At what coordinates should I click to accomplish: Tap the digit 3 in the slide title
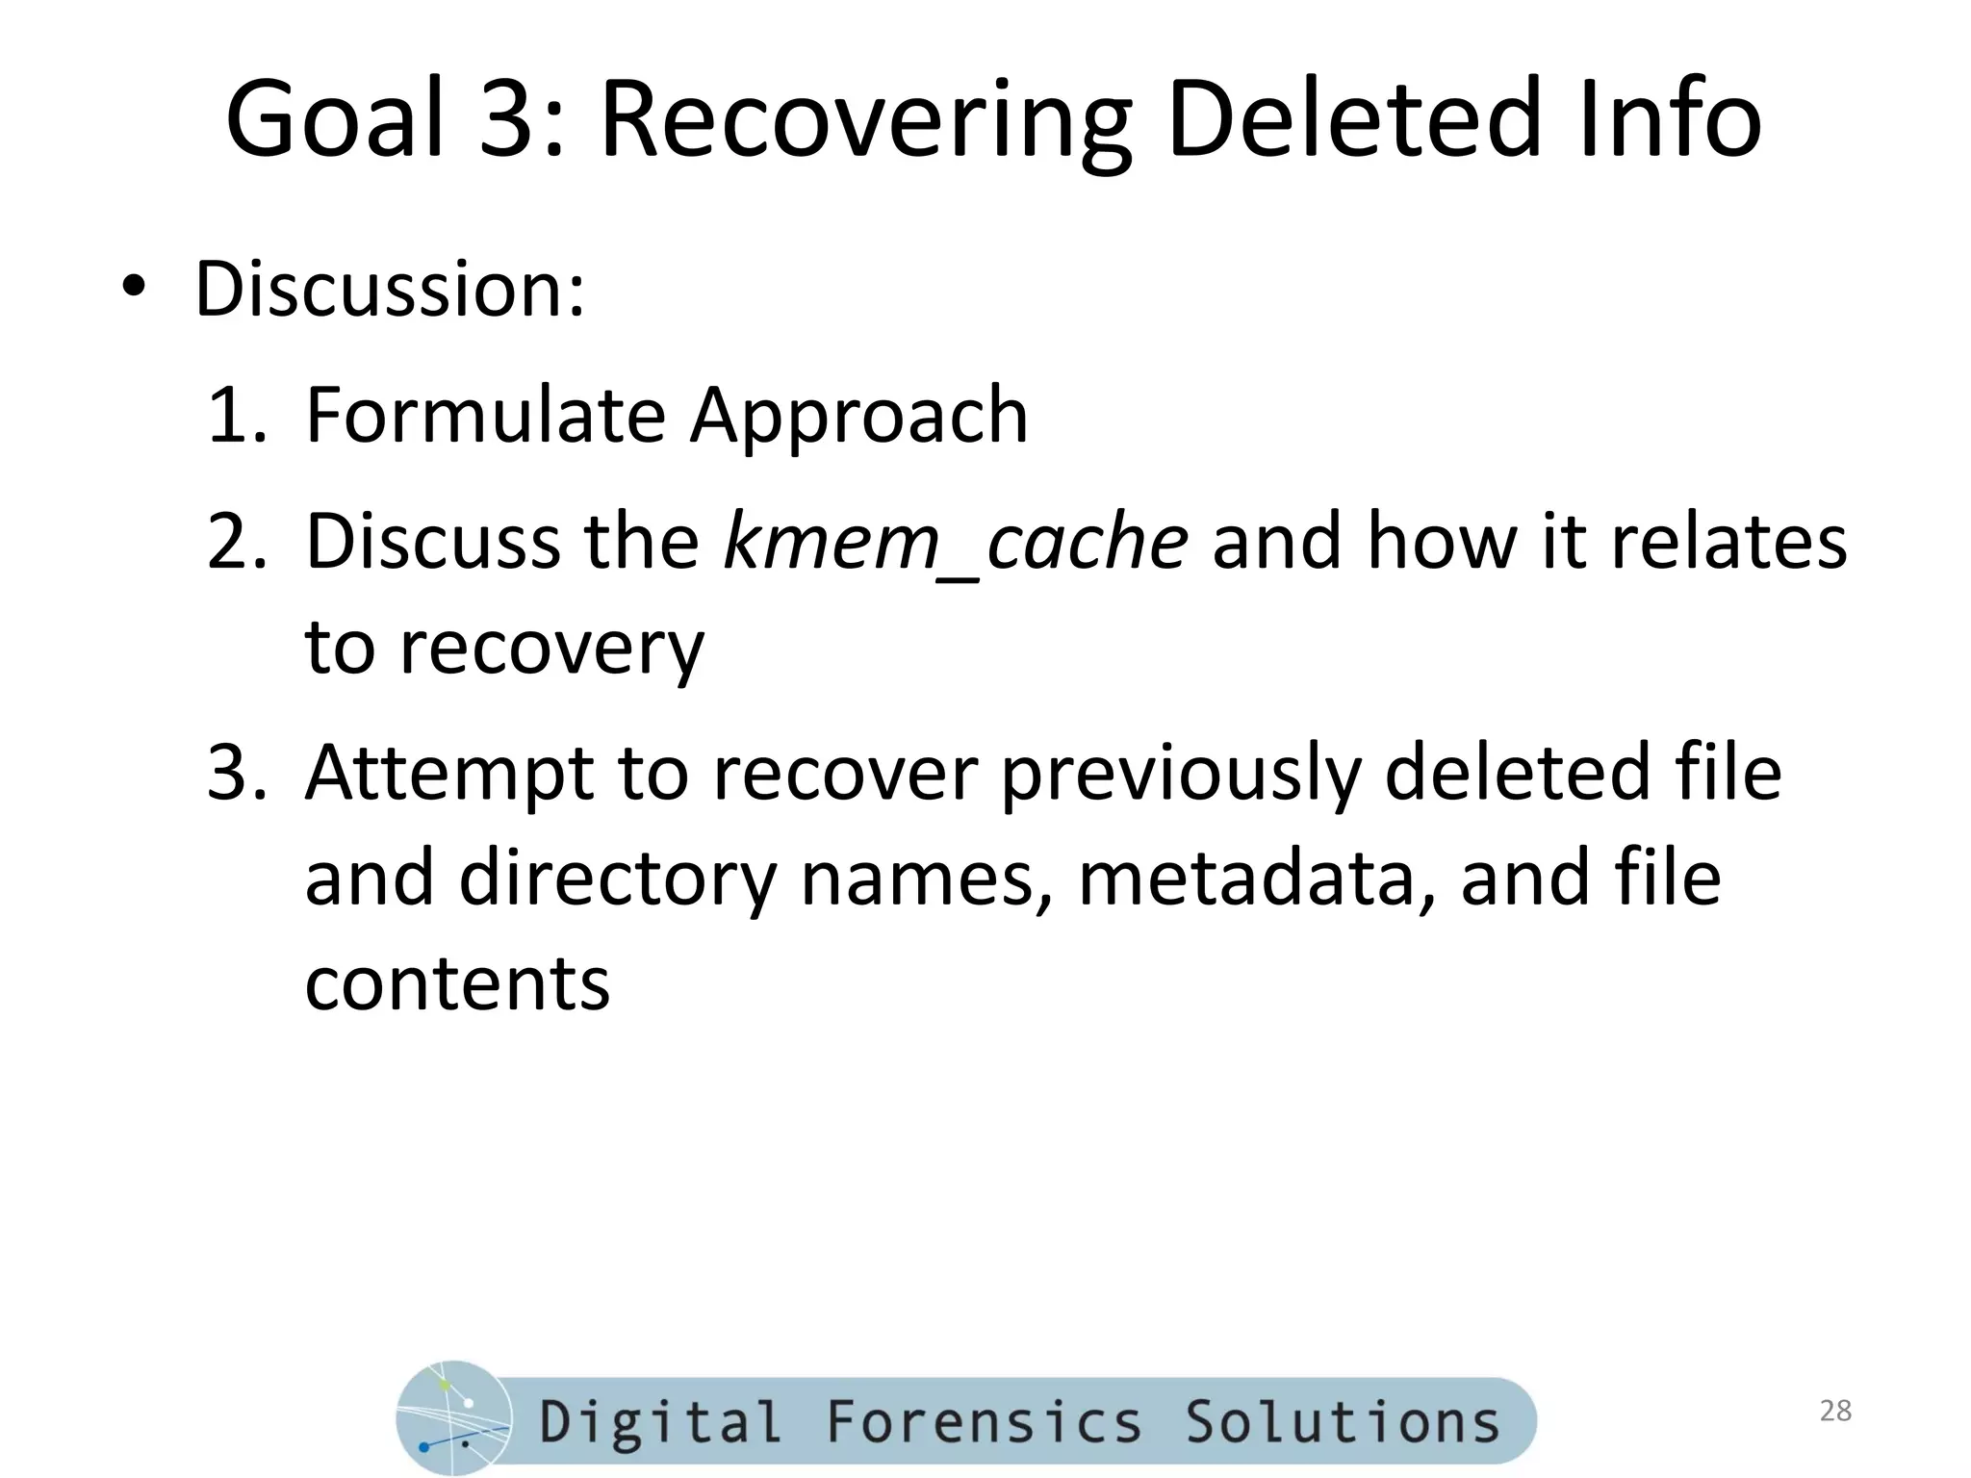[x=510, y=119]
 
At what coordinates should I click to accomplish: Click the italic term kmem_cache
[x=956, y=543]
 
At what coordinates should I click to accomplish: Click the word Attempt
[x=448, y=774]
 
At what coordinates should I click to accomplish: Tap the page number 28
[x=1835, y=1411]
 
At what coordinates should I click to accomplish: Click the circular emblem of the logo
[x=453, y=1418]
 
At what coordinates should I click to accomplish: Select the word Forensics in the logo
[x=985, y=1422]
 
